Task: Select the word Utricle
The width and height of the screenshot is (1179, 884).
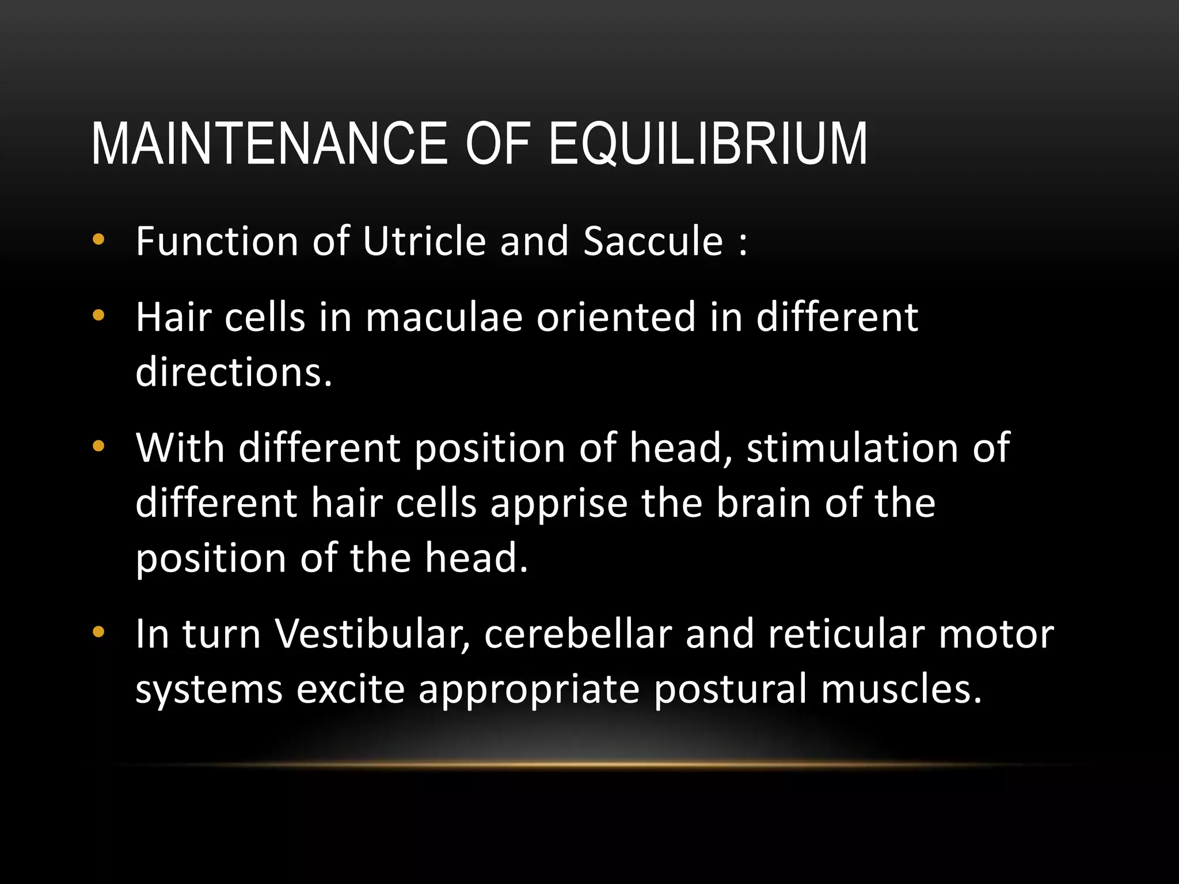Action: (x=425, y=241)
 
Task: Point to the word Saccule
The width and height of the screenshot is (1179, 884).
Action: (x=653, y=241)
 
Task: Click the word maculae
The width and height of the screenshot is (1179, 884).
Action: (x=444, y=317)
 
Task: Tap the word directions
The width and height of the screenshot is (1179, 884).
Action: (x=234, y=372)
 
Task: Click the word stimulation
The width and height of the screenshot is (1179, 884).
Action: (x=853, y=447)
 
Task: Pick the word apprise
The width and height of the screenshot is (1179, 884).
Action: (x=558, y=503)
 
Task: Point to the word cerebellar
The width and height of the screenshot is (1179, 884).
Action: (x=578, y=634)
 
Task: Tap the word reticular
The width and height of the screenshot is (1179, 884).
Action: (x=846, y=634)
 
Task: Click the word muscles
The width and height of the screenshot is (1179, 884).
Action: (x=901, y=689)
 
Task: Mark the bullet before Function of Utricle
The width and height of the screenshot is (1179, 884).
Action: (x=98, y=241)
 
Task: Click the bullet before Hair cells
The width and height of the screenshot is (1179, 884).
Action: (x=98, y=316)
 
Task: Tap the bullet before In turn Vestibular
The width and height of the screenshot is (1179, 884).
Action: (x=98, y=633)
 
